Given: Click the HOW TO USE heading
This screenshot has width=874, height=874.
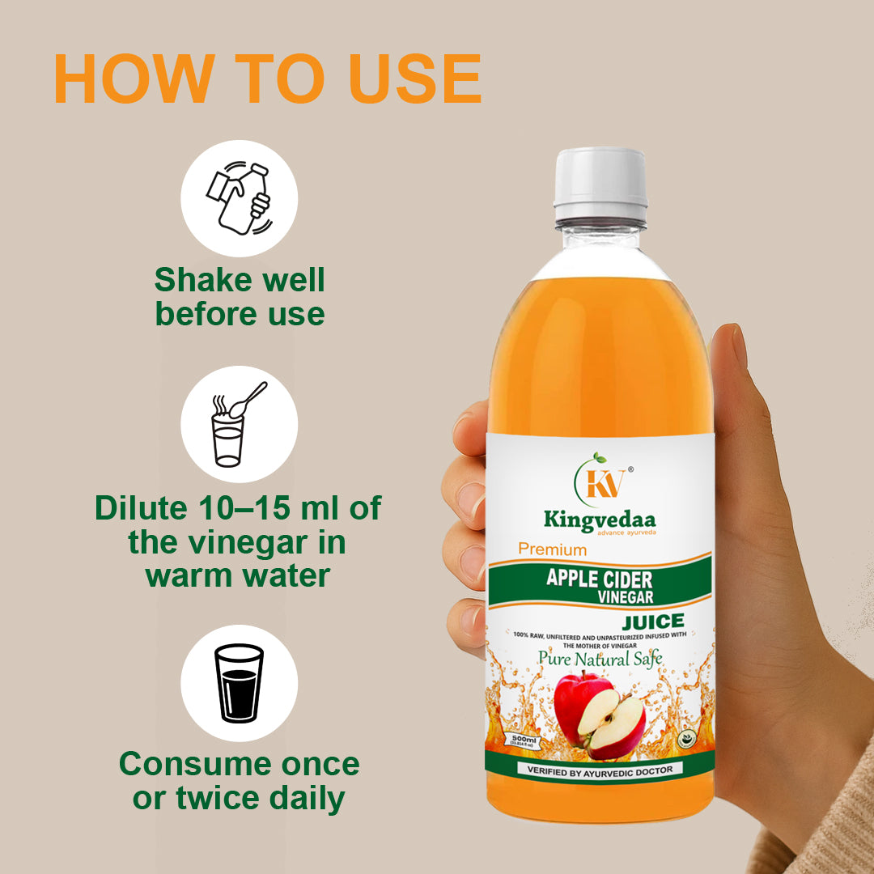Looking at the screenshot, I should (x=267, y=78).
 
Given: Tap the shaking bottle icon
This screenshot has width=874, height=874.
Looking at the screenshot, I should (x=239, y=198).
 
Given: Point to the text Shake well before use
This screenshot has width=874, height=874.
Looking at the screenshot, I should (x=240, y=297).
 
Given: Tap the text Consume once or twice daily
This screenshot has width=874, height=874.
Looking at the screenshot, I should (x=240, y=781).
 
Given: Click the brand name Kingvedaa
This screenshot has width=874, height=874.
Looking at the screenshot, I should (x=600, y=519).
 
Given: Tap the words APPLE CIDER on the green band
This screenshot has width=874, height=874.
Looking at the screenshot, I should (x=600, y=579).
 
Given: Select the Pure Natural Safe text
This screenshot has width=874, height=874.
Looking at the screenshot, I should (x=600, y=658).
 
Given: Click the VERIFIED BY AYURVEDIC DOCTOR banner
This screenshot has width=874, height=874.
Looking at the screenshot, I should (x=600, y=769).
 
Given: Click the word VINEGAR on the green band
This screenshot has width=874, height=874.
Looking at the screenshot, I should (x=626, y=596).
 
